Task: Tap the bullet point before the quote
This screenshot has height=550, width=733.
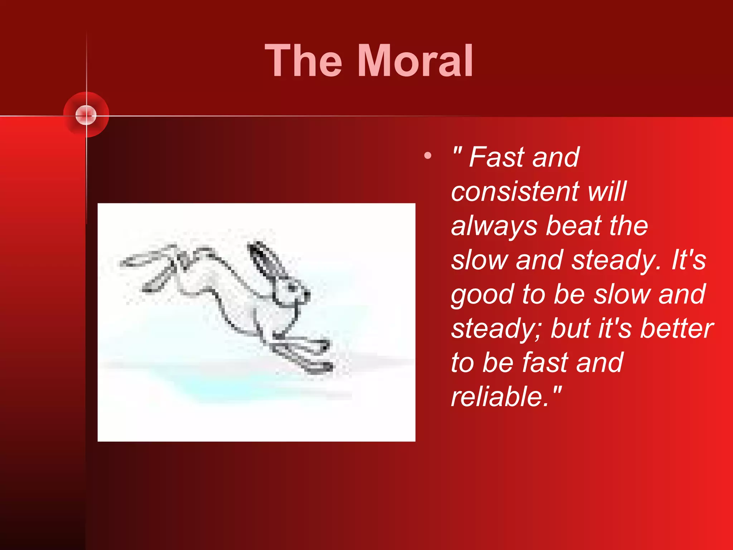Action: pos(427,156)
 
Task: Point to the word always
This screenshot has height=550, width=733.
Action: pos(494,226)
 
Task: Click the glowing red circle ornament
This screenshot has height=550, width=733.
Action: pos(86,115)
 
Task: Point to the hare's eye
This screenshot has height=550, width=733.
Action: pos(292,287)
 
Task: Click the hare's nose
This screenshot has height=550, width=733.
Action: pos(307,294)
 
